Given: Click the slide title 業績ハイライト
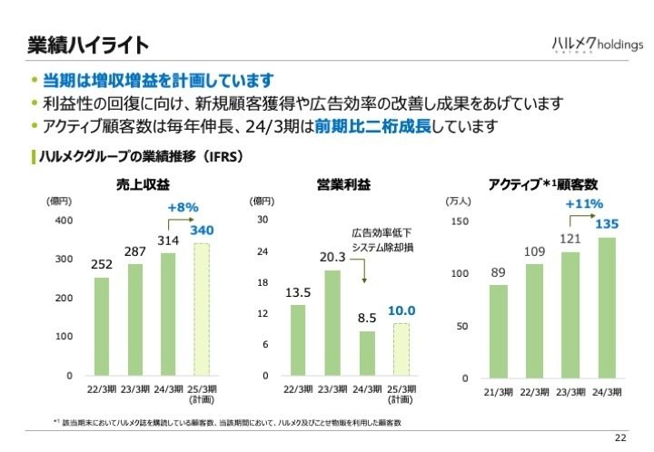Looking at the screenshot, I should [x=87, y=44].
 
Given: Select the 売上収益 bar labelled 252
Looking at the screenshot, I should [x=102, y=326].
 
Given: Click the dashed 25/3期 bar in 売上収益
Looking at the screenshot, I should [x=201, y=309].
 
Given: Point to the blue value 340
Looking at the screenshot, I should [x=202, y=231].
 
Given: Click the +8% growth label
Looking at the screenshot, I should [x=183, y=208].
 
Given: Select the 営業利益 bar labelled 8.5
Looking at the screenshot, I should [x=366, y=353].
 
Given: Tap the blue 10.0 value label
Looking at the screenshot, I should [x=401, y=310].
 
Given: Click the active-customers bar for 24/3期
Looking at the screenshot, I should [x=606, y=307].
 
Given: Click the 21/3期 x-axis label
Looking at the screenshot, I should [x=498, y=391].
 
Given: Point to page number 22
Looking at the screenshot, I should [x=620, y=437].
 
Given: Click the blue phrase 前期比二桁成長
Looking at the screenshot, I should [x=373, y=125].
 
